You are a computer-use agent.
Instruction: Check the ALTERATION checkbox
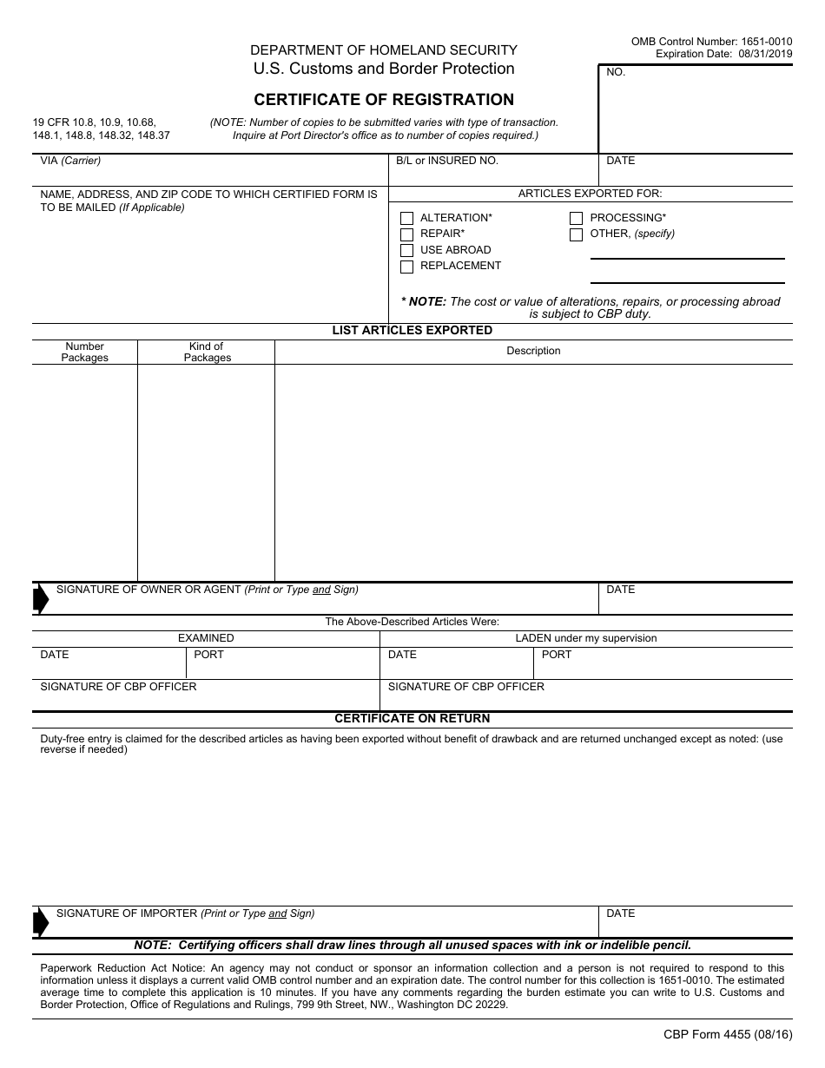coord(406,219)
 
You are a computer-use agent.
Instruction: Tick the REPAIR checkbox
coord(406,234)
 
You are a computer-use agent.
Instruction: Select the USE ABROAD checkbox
coord(406,251)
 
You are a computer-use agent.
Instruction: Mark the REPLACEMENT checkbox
coord(406,267)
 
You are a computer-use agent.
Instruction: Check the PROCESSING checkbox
coord(576,219)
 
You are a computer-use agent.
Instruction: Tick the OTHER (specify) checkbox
coord(576,234)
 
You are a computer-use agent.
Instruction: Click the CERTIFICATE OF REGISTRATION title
coord(384,100)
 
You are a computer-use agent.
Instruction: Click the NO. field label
coord(616,73)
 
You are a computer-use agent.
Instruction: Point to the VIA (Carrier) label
coord(70,162)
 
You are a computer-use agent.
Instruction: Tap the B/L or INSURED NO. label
coord(447,162)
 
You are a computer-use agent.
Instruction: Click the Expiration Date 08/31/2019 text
coord(723,54)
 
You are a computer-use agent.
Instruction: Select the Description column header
coord(533,352)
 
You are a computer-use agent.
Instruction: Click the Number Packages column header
coord(85,352)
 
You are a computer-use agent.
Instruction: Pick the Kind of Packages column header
coord(207,352)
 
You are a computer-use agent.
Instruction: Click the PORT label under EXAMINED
coord(208,655)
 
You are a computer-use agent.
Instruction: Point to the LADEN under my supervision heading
coord(586,638)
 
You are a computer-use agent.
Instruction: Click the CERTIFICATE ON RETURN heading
coord(412,719)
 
